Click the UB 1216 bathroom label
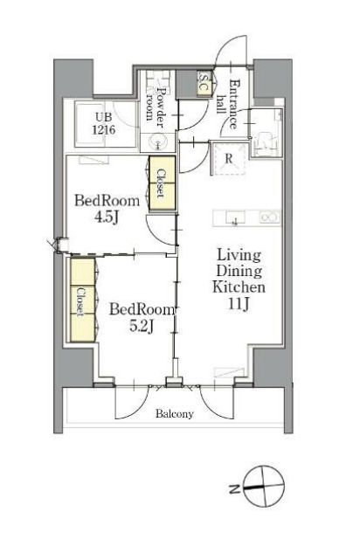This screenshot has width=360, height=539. coord(103,123)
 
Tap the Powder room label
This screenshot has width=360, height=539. coord(155,103)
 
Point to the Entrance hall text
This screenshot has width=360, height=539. coord(227,104)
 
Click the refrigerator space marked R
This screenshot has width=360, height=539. coord(229,159)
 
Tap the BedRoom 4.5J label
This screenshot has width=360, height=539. coord(107,209)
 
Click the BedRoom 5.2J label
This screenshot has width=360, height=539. coord(142,317)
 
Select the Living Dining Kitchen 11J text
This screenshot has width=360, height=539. coord(239,280)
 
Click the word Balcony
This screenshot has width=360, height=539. coord(175,413)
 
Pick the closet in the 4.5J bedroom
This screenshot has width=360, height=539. coord(162,183)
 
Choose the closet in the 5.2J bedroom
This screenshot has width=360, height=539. coord(83,300)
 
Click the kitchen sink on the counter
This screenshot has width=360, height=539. coord(235,218)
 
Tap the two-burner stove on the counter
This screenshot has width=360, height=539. coord(270,217)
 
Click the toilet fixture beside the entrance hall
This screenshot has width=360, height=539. coord(267,142)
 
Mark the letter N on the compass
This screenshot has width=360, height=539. coord(234,488)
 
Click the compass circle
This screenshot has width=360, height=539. coord(264,487)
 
